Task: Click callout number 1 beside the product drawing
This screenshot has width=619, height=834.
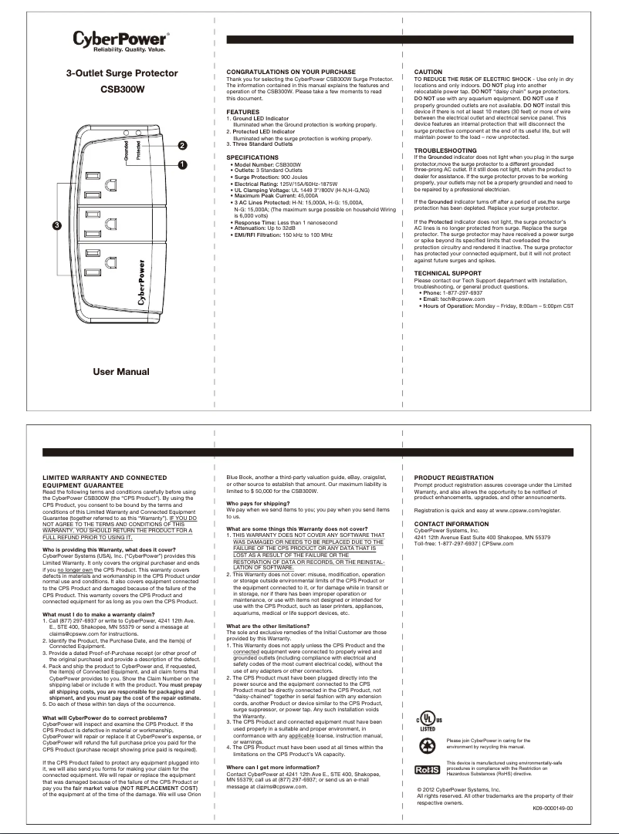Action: (x=182, y=164)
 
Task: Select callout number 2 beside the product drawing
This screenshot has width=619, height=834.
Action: (x=182, y=145)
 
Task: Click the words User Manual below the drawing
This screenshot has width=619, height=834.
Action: (x=121, y=372)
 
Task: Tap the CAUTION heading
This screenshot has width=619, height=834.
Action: (x=428, y=72)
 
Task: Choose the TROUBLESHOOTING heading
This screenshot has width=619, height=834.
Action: (x=445, y=150)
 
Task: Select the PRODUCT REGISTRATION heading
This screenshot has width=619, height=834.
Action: (x=453, y=478)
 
